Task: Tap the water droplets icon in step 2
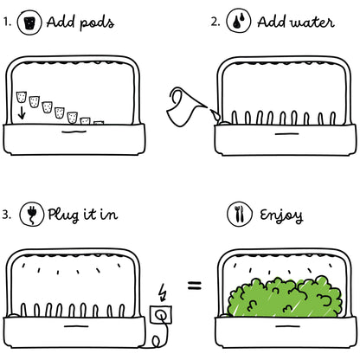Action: point(235,22)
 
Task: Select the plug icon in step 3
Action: point(32,213)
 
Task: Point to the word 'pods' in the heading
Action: point(96,22)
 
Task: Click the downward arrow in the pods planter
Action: point(21,109)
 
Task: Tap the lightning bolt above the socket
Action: point(164,290)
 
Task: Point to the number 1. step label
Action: point(8,22)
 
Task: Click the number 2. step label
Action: point(215,22)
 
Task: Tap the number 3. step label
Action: point(9,214)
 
